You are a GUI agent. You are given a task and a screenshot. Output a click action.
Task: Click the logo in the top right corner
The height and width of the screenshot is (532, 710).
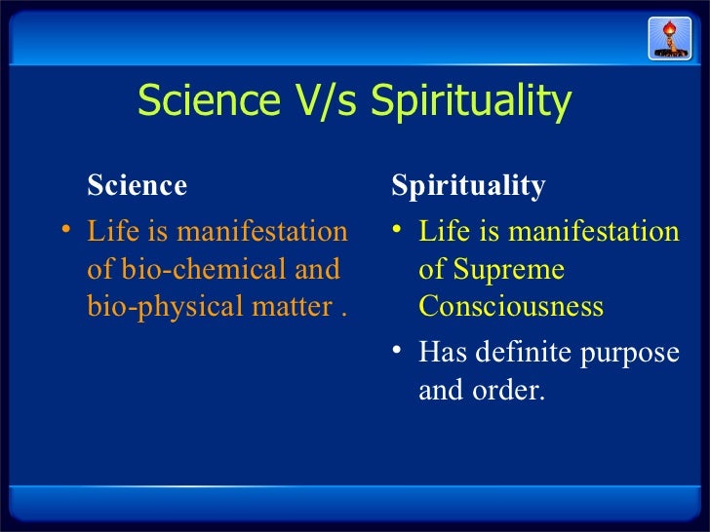click(669, 38)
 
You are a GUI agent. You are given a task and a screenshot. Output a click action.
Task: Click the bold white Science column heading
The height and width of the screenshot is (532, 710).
click(137, 184)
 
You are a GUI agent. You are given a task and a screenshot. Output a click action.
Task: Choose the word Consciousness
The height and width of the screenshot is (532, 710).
click(511, 306)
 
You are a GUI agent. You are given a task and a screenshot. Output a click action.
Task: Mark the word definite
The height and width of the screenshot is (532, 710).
click(517, 352)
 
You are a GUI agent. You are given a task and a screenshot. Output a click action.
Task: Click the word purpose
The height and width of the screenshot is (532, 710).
click(635, 354)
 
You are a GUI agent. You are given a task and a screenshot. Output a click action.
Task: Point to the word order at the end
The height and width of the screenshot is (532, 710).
click(504, 390)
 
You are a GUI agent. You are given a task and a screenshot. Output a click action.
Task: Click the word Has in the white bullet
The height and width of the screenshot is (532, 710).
click(439, 352)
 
